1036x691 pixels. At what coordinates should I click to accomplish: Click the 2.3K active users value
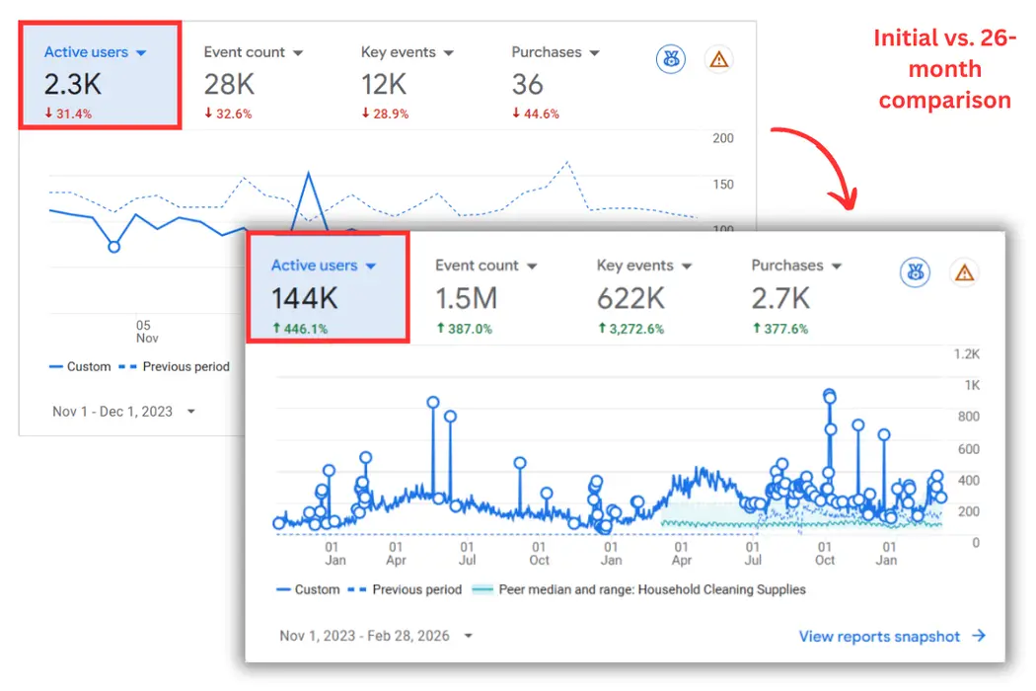tap(73, 84)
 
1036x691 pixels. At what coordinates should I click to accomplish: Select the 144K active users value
tap(305, 297)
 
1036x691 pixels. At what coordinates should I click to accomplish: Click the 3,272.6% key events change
tap(636, 329)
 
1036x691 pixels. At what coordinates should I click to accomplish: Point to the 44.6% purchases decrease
tap(536, 114)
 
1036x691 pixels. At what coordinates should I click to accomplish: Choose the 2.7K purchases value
tap(780, 297)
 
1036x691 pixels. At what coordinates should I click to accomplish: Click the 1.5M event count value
tap(467, 297)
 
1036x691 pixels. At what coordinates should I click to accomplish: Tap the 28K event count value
tap(230, 84)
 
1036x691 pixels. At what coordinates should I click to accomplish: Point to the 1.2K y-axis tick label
tap(966, 353)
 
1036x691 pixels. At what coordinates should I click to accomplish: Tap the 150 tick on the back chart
tap(723, 185)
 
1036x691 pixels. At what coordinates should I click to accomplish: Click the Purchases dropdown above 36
tap(555, 52)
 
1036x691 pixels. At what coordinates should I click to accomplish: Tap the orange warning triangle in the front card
tap(964, 272)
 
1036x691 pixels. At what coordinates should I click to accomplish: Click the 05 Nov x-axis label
tap(144, 332)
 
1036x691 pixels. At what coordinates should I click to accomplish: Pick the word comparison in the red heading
tap(944, 100)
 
